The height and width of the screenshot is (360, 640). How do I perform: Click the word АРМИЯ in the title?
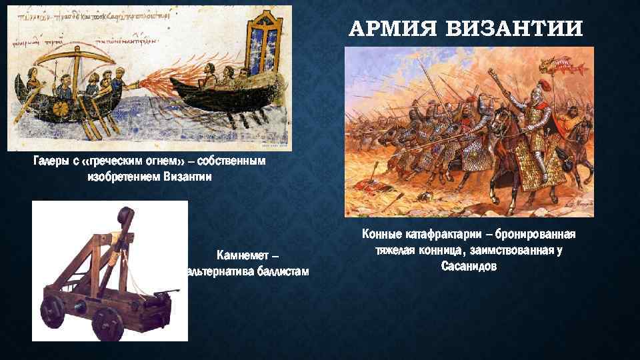click(391, 29)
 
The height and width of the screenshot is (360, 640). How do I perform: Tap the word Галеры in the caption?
click(50, 161)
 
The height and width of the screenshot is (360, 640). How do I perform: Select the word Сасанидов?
click(468, 265)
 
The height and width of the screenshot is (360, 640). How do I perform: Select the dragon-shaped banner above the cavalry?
click(565, 65)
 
